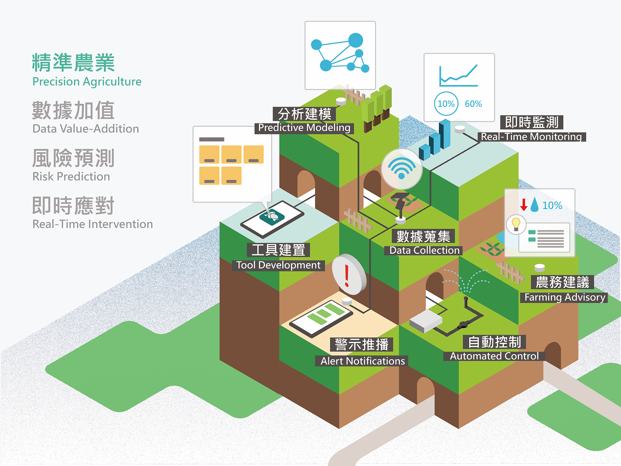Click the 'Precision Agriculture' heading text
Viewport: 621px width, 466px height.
[87, 82]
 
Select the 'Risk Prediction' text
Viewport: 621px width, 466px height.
[71, 176]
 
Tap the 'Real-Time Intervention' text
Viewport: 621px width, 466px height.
[93, 224]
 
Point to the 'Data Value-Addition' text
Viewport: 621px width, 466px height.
[86, 129]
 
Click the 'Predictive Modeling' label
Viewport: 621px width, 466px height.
[304, 128]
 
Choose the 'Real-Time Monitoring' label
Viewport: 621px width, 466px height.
[531, 137]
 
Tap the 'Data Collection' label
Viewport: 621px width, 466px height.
[424, 250]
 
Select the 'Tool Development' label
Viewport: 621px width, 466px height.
[278, 265]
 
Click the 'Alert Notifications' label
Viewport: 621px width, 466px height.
[362, 361]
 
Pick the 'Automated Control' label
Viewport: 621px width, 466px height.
[494, 356]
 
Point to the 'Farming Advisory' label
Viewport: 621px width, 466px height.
[564, 297]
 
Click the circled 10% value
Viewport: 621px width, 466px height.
[446, 104]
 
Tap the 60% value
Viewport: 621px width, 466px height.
[473, 104]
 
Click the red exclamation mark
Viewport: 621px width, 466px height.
[347, 276]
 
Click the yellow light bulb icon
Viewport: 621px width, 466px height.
[516, 224]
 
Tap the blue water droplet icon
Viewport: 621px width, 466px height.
[535, 205]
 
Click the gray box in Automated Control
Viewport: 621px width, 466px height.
[426, 321]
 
